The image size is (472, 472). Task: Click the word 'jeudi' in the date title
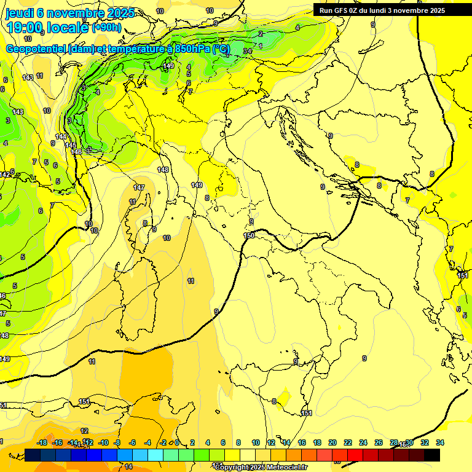point(20,13)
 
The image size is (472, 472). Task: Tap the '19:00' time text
point(25,28)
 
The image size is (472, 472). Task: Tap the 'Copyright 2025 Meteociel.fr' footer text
point(261,467)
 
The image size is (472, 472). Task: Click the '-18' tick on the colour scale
point(42,443)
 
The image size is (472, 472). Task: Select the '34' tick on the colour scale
point(440,443)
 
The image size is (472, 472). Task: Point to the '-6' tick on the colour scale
point(132,443)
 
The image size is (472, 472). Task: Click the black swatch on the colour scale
point(432,455)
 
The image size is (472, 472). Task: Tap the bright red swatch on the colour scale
point(355,455)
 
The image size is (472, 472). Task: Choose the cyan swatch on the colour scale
point(155,455)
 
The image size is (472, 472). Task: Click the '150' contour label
point(249,235)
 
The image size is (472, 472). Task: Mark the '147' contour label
point(139,187)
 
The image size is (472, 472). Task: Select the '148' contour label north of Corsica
point(163,170)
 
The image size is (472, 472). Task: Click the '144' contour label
point(61,136)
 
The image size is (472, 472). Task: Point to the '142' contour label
point(5,175)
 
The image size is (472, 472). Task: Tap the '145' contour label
point(71,145)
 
